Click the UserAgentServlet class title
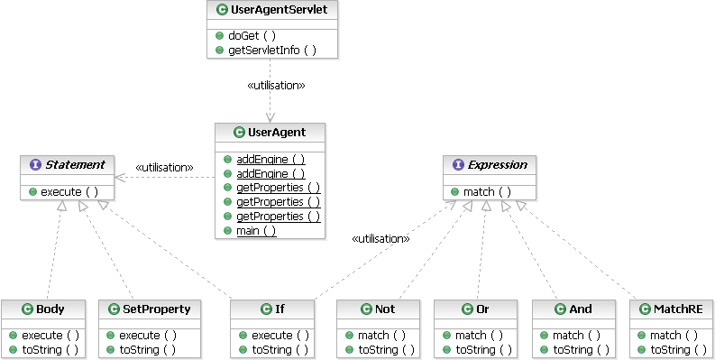[280, 10]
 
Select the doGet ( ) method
[252, 35]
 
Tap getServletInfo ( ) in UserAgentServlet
[271, 51]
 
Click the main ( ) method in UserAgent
[256, 230]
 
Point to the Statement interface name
[75, 165]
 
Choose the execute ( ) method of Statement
[69, 192]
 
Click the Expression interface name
[498, 165]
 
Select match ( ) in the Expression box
[487, 192]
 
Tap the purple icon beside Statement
[35, 165]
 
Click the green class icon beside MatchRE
[645, 309]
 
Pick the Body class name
[50, 309]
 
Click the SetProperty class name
[156, 309]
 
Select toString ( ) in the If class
[280, 350]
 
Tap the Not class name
[385, 309]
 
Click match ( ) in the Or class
[479, 336]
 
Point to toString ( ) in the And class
[581, 350]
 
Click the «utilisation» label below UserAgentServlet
[276, 86]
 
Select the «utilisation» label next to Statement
[164, 168]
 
